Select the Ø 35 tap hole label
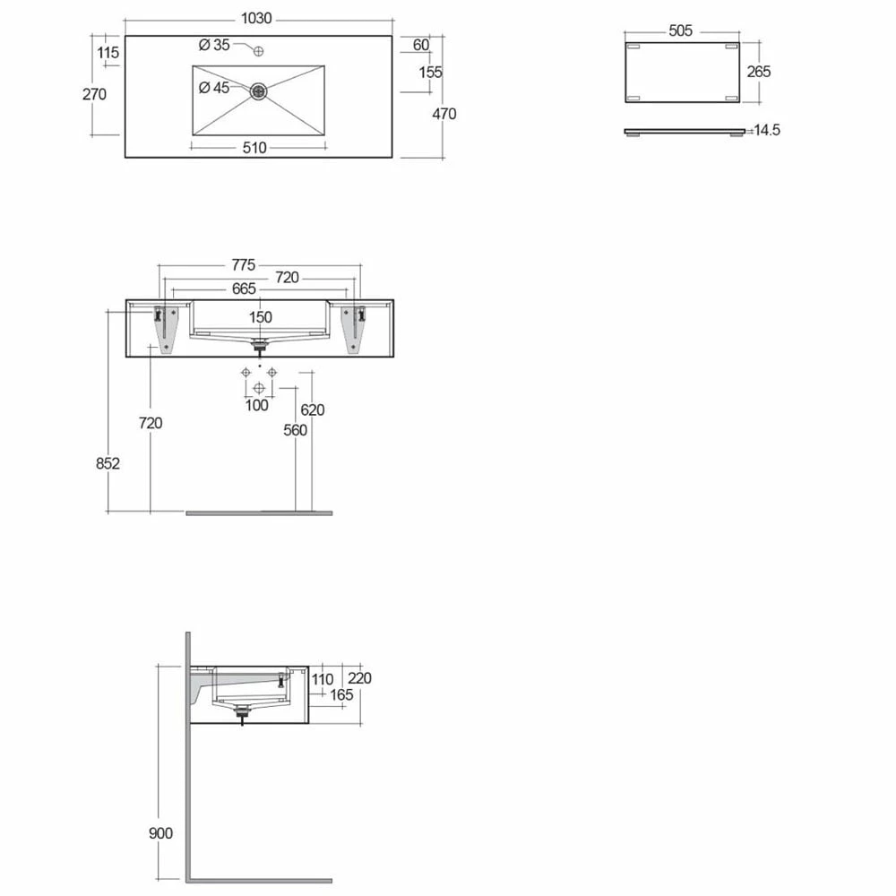pos(214,45)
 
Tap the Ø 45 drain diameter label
pos(214,87)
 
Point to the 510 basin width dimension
pos(254,148)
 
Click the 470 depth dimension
pos(444,114)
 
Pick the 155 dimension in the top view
pos(431,72)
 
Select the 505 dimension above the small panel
pos(680,30)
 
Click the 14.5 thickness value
pos(767,131)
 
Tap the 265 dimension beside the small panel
pos(758,71)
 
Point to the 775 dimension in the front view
pos(243,264)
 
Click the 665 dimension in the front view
pos(244,289)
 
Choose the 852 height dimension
pos(108,463)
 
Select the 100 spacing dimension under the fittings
pos(257,406)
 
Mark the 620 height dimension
pos(312,409)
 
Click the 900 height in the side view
pos(161,833)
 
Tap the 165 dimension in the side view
pos(341,694)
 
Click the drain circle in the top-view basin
pos(259,90)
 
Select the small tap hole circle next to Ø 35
pos(259,51)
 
